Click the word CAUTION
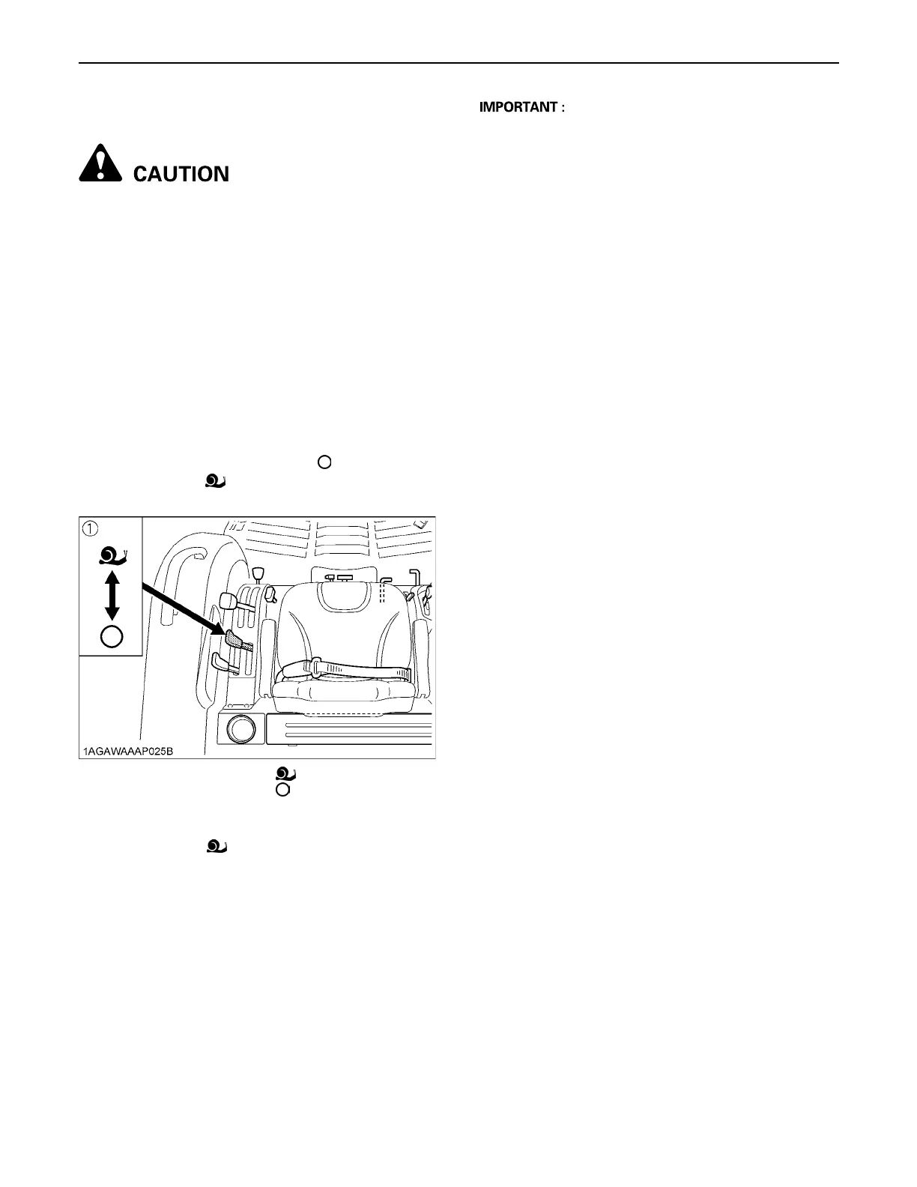(x=181, y=174)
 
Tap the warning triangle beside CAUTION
(x=100, y=164)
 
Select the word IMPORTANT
(x=518, y=107)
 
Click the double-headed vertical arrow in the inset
(x=112, y=595)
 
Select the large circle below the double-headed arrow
(x=112, y=636)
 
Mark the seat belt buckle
(x=318, y=664)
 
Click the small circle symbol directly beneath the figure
(x=282, y=789)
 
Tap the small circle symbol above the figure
(x=324, y=462)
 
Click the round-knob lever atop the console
(x=259, y=574)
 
